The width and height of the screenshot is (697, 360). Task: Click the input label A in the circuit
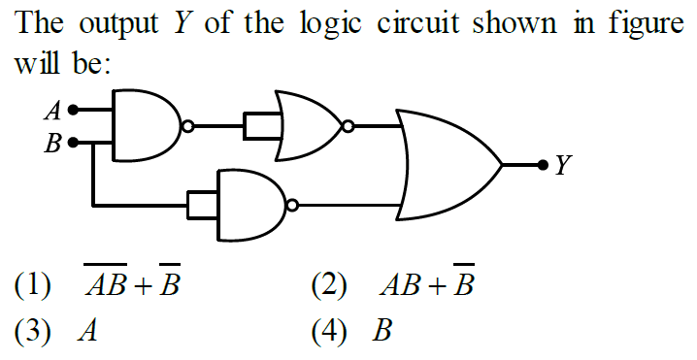click(52, 111)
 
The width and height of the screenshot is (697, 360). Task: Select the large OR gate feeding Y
click(447, 165)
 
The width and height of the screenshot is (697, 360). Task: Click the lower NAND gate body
click(249, 206)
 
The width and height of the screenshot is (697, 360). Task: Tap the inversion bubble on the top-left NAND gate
click(188, 126)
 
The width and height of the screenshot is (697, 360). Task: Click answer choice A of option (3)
click(88, 334)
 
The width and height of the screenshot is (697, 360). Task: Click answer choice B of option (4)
click(383, 334)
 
